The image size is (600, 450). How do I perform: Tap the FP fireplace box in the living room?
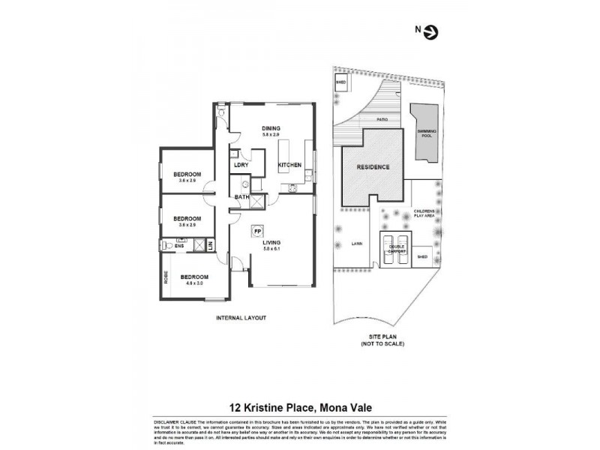[x=257, y=232]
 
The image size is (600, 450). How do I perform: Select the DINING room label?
[x=271, y=127]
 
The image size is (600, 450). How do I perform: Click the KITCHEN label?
[x=290, y=165]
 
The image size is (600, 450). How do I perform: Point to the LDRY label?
[x=241, y=165]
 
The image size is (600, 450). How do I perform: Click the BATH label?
[x=241, y=197]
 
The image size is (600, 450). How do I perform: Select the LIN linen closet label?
[x=211, y=244]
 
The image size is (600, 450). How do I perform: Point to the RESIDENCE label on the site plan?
[x=373, y=167]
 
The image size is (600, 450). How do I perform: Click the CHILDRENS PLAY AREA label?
[x=424, y=214]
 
